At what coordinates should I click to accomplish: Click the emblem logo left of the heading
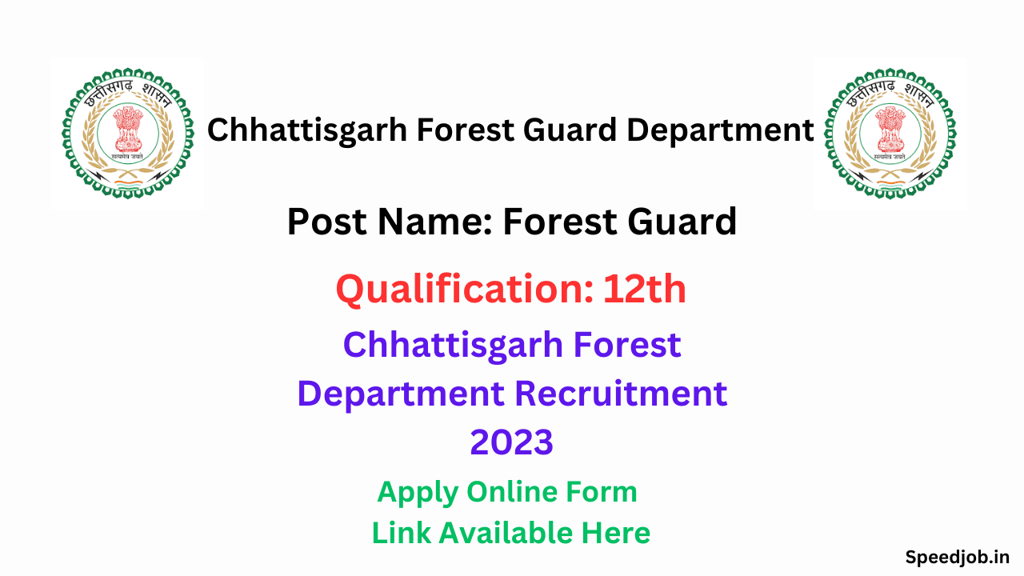point(127,134)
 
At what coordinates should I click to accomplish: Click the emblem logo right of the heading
point(890,134)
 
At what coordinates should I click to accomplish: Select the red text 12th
point(644,289)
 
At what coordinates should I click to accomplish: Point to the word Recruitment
point(621,394)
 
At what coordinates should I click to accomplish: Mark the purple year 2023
point(511,442)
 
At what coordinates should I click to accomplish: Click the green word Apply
point(418,492)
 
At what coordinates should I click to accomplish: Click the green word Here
point(615,533)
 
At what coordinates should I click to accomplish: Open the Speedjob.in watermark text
point(957,557)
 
